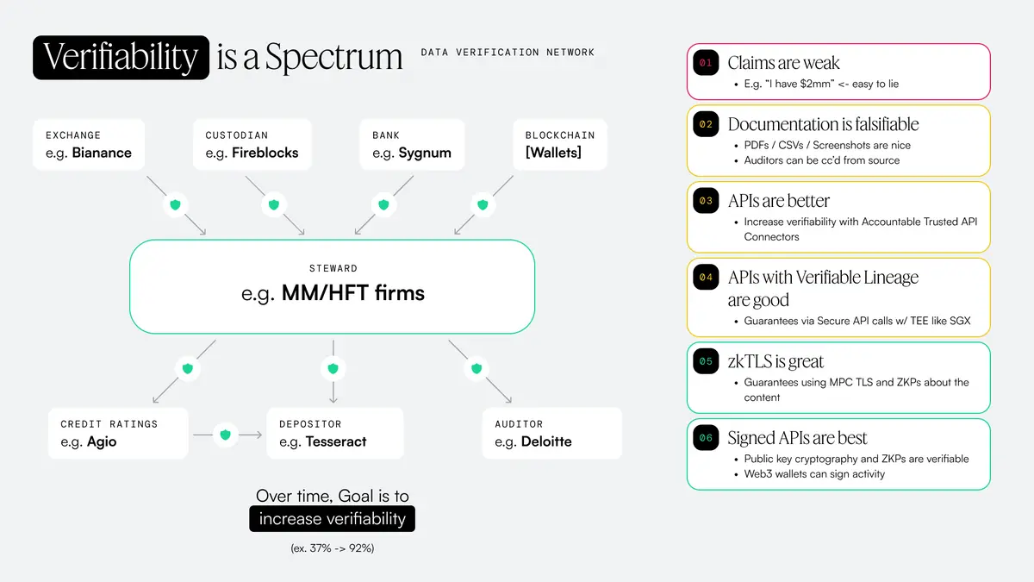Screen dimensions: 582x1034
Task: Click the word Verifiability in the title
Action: [121, 57]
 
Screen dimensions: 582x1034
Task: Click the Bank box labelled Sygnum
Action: [412, 145]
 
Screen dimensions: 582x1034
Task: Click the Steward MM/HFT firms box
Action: [332, 286]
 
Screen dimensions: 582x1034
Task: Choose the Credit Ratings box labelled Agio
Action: [118, 433]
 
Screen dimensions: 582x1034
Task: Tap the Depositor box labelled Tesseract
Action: [335, 433]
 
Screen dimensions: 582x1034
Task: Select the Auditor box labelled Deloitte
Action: [551, 433]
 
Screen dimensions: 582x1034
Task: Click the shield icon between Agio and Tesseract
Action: [226, 435]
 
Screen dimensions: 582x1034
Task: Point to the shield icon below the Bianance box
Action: [176, 204]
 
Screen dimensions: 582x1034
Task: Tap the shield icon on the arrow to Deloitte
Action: [477, 368]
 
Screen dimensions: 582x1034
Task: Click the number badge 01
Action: [706, 63]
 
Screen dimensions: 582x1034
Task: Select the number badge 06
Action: [706, 438]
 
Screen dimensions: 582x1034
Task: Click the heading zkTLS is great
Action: [775, 361]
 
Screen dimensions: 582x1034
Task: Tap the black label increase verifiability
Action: [332, 518]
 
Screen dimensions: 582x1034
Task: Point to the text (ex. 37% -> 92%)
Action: [332, 548]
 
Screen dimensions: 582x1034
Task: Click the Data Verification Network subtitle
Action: [508, 53]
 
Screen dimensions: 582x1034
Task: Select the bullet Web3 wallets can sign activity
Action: [814, 473]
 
